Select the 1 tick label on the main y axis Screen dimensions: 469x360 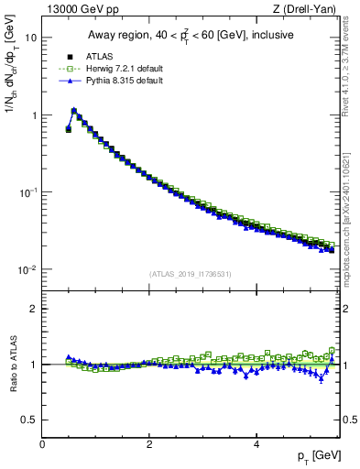tap(34, 115)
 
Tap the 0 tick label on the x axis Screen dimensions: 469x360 tap(42, 444)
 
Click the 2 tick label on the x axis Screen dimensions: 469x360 tap(148, 444)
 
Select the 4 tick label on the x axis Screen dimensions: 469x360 tap(256, 444)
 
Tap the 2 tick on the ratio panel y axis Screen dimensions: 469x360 tap(34, 309)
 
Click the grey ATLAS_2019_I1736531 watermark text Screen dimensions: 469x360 tap(191, 274)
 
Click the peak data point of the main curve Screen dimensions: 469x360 tap(73, 111)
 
